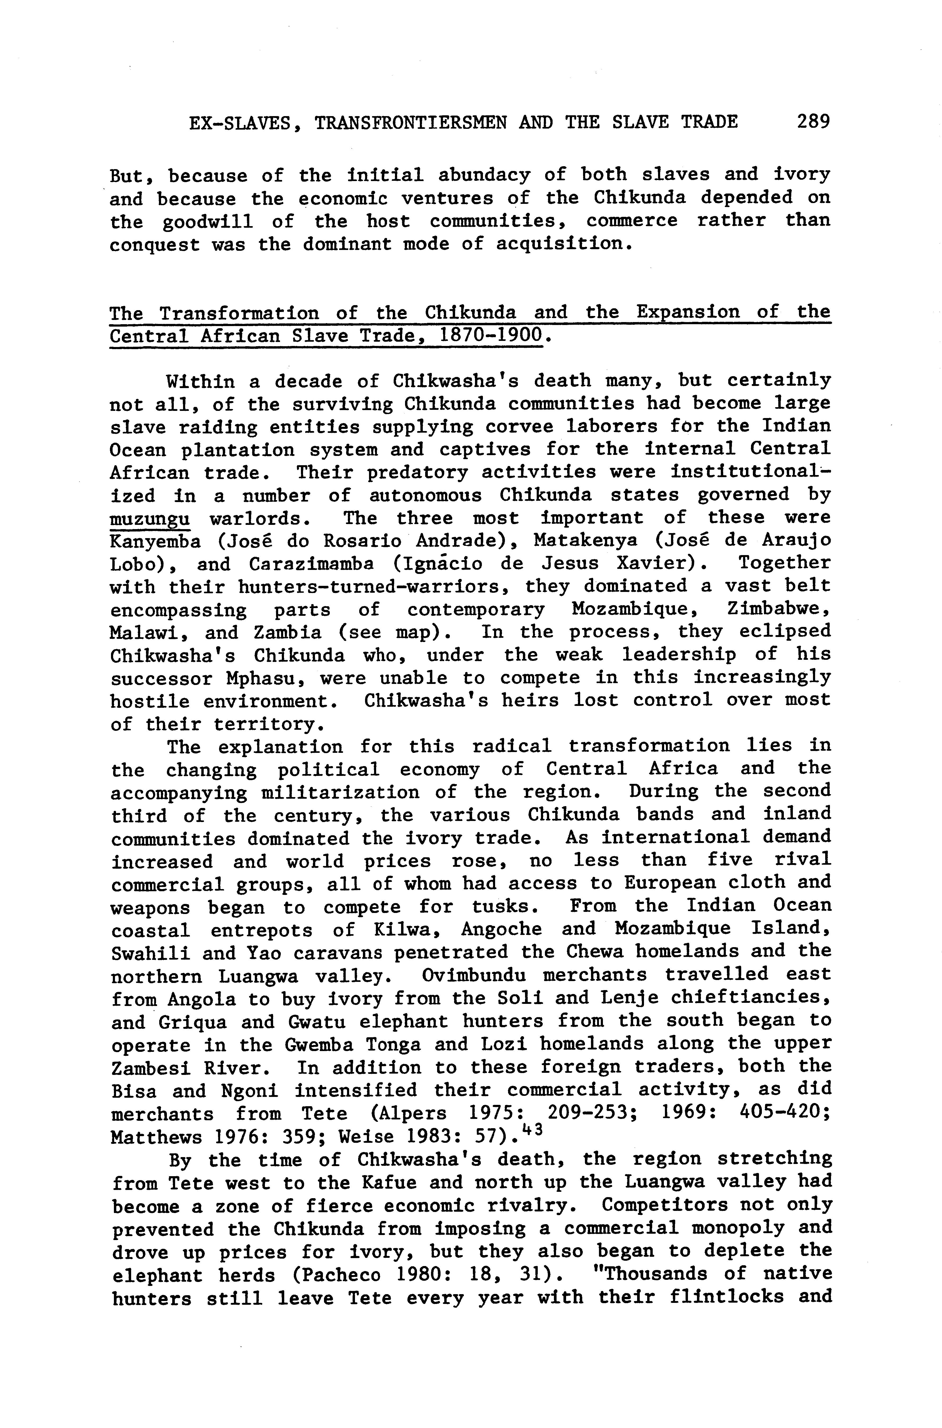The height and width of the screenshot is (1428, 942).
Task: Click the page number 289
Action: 813,122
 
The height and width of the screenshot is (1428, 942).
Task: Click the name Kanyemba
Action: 155,541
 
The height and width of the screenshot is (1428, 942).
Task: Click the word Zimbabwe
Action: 779,609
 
